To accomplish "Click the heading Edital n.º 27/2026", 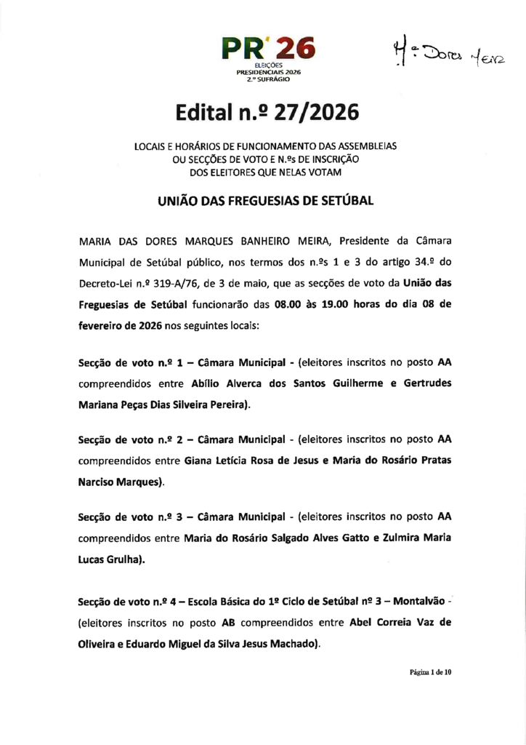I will point(267,113).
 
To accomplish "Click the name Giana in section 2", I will point(198,460).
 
